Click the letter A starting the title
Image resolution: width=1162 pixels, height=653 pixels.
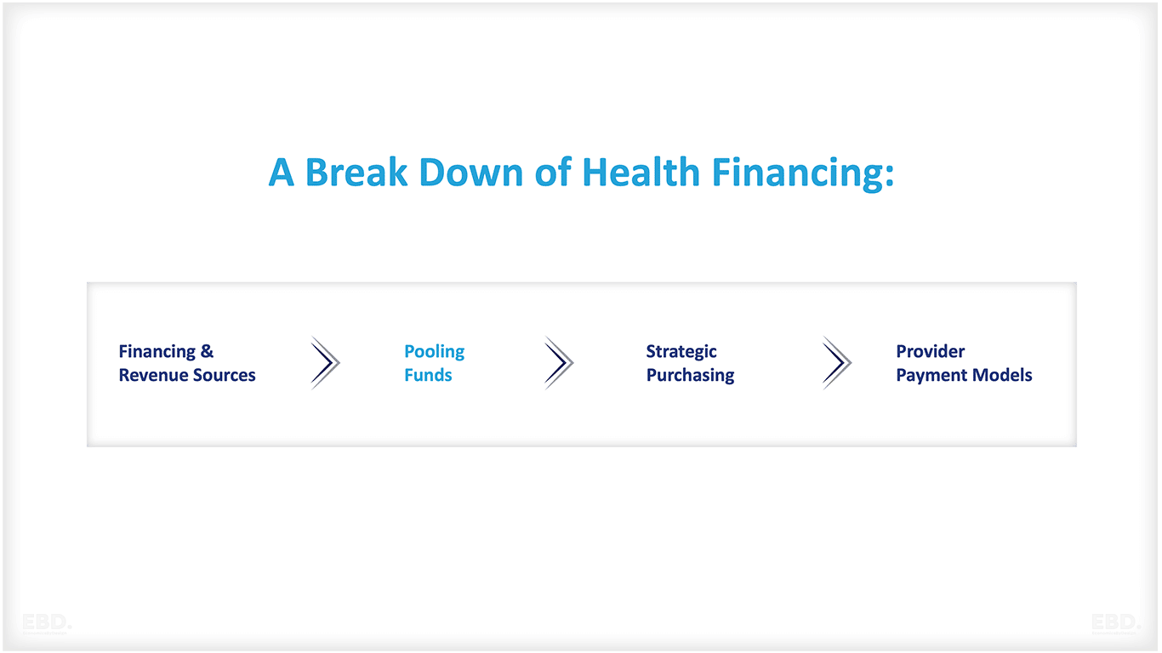coord(282,173)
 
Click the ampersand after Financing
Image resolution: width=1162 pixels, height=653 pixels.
coord(207,351)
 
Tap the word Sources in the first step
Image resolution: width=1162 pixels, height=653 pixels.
coord(224,375)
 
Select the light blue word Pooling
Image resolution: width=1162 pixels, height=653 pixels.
coord(434,352)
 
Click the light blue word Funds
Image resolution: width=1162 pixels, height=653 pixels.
coord(428,375)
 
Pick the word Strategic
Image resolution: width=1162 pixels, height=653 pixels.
coord(681,352)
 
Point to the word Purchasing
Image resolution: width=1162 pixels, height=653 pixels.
coord(690,376)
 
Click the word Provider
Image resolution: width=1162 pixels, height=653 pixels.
coord(930,351)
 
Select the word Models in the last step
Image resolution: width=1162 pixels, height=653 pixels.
coord(1005,375)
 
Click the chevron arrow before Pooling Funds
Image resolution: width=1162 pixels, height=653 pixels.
coord(325,363)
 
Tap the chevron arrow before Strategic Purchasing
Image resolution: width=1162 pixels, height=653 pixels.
coord(559,363)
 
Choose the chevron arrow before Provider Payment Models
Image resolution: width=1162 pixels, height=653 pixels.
coord(837,363)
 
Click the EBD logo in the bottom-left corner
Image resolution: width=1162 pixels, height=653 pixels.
coord(47,623)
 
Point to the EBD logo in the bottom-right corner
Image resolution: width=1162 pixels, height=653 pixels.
coord(1115,623)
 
